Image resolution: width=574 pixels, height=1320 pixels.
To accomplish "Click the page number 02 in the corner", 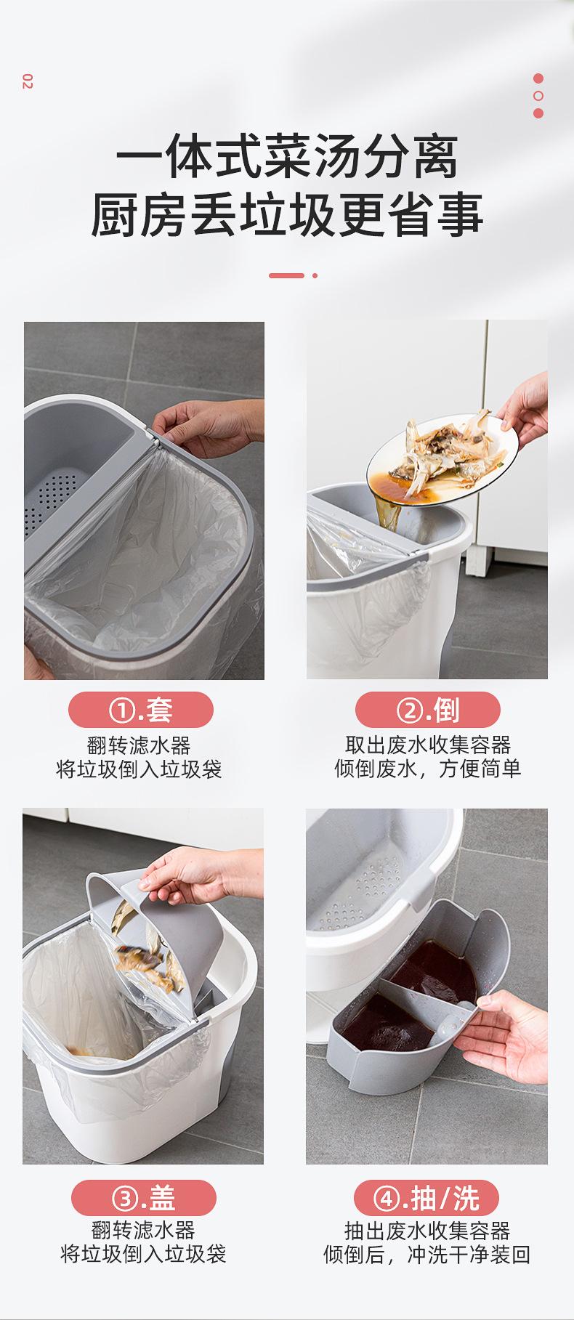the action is pyautogui.click(x=28, y=82).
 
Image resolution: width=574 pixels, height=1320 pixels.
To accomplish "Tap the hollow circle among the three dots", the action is pyautogui.click(x=538, y=96).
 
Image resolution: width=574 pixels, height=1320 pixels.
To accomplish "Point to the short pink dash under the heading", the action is pyautogui.click(x=286, y=275).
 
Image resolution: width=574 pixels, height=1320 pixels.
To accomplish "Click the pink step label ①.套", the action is pyautogui.click(x=141, y=710).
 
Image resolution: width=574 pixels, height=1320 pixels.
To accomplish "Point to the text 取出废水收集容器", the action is pyautogui.click(x=428, y=745).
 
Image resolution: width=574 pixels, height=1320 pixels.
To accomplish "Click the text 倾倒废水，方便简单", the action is pyautogui.click(x=428, y=769).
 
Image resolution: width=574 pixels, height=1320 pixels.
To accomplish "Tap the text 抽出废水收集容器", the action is pyautogui.click(x=427, y=1231).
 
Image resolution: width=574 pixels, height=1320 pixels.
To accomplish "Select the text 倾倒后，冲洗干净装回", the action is pyautogui.click(x=427, y=1255).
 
